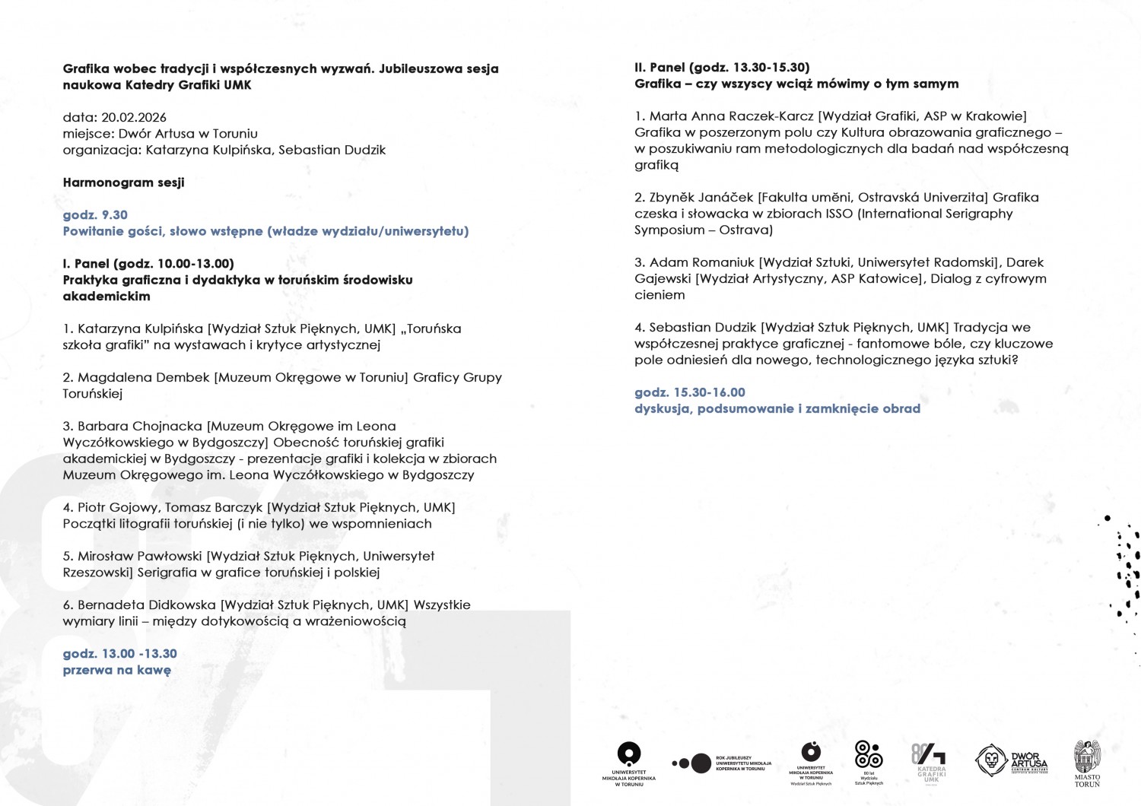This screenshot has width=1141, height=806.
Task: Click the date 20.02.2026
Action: point(134,117)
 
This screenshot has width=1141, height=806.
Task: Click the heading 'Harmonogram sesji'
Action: point(123,182)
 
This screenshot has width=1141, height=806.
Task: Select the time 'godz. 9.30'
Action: point(95,215)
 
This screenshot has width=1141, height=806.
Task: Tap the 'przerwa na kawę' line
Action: point(116,670)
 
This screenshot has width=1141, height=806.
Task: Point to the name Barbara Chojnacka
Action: point(140,426)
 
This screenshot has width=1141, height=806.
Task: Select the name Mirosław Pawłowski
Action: point(140,556)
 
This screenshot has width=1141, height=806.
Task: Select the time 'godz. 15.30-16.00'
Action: point(690,392)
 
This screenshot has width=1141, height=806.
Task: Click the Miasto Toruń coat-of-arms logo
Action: point(1087,762)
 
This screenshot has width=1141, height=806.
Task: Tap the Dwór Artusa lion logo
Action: point(992,760)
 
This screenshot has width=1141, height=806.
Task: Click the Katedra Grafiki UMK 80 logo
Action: point(929,760)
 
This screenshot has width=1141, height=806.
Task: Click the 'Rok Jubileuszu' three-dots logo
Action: point(691,763)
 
